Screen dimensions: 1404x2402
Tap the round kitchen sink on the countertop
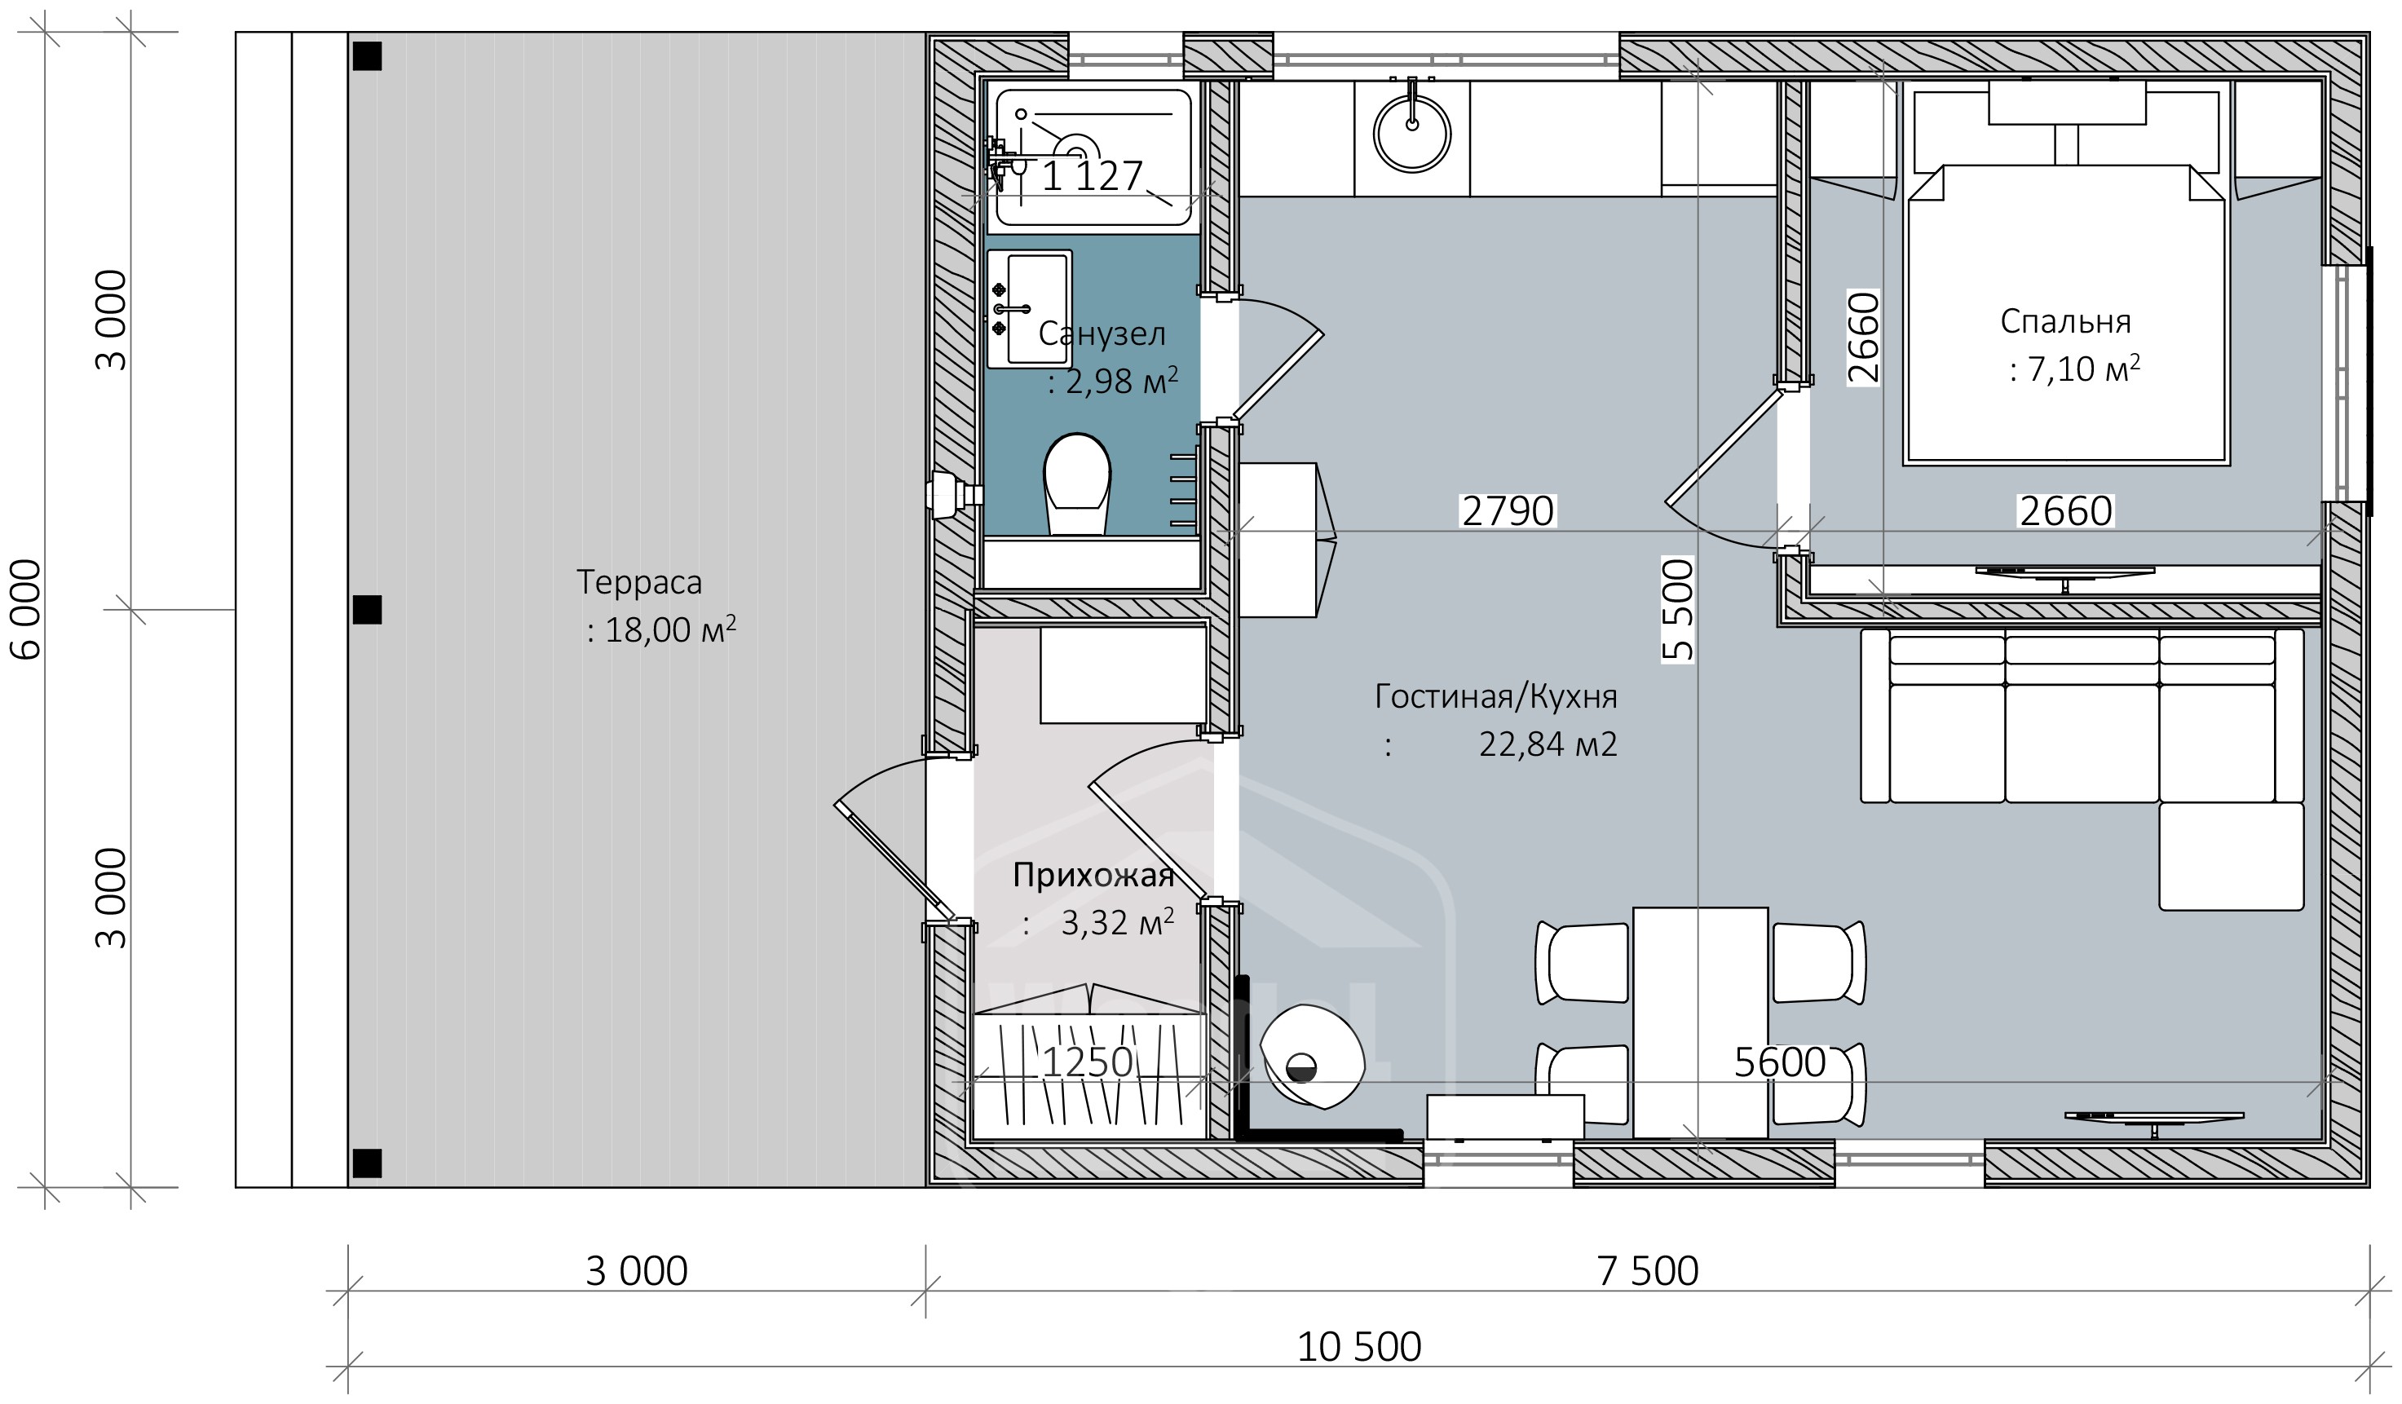[x=1411, y=135]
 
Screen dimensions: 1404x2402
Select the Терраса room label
[x=638, y=582]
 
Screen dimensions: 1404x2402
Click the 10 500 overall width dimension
[x=1358, y=1347]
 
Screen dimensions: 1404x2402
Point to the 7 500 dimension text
[x=1647, y=1272]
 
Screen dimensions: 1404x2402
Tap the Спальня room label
[x=2064, y=321]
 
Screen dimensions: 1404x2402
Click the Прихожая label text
[x=1093, y=875]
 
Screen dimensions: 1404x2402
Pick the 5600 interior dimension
[x=1778, y=1062]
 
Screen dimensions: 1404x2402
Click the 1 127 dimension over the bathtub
[x=1092, y=176]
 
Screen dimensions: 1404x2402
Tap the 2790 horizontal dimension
[x=1507, y=512]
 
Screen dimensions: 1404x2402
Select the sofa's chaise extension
[x=2231, y=856]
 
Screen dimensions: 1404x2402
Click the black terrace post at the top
[x=367, y=56]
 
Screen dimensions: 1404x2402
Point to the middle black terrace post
[x=367, y=610]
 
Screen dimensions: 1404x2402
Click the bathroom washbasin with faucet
[x=1030, y=309]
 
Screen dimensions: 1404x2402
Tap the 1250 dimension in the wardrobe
[x=1087, y=1062]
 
